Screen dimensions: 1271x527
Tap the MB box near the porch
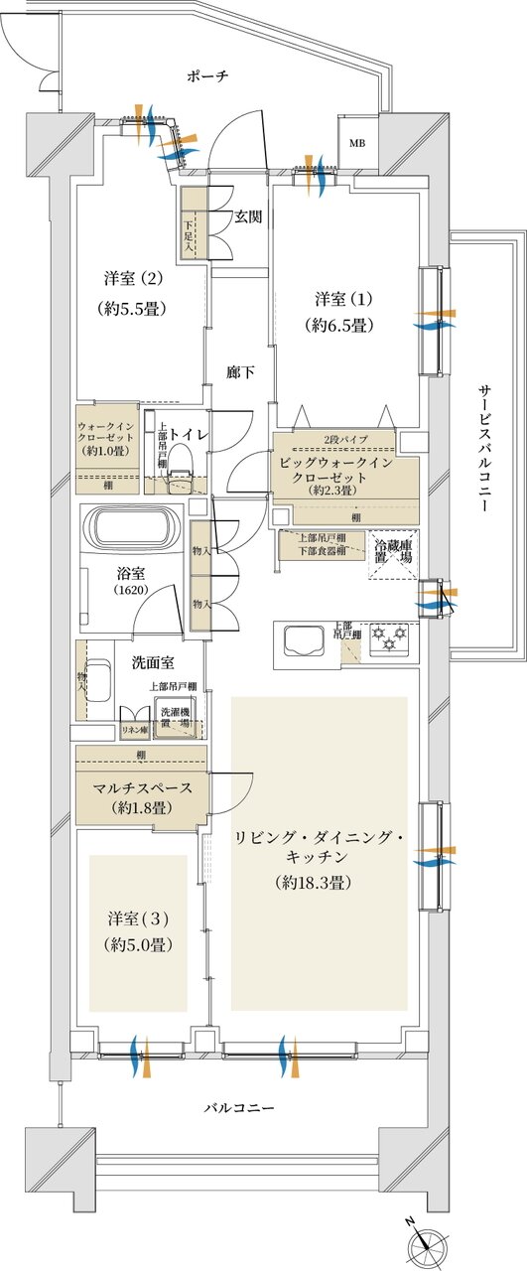(355, 143)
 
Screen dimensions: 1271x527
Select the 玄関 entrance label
(248, 217)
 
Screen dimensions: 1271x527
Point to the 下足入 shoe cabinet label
(189, 232)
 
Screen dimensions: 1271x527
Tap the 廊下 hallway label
(240, 372)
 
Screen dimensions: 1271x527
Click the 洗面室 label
(152, 662)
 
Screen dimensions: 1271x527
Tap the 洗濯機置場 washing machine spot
(175, 718)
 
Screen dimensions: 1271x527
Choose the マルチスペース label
(137, 788)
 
